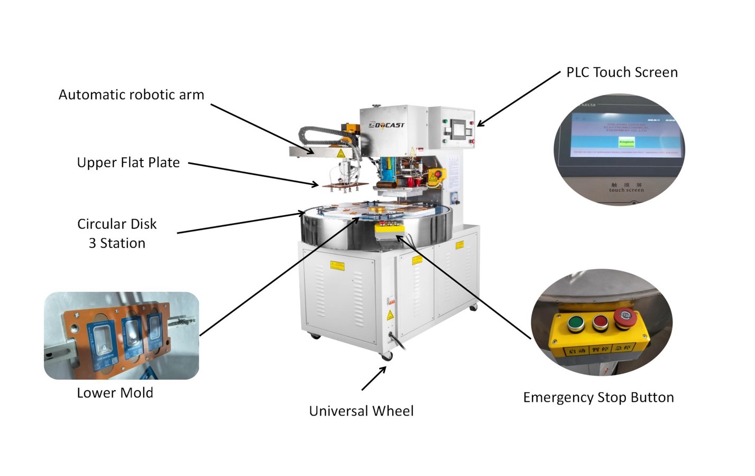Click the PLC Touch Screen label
(622, 73)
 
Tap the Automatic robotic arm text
(131, 95)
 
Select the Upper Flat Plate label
(128, 163)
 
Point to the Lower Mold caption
(115, 393)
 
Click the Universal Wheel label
(361, 411)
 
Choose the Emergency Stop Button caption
(598, 398)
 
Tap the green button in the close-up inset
(575, 322)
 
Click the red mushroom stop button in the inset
(624, 316)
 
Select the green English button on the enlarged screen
(627, 142)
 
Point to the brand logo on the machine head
(386, 125)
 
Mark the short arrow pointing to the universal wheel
(374, 378)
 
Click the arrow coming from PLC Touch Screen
(518, 99)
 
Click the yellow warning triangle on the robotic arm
(341, 154)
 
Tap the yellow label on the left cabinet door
(337, 265)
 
